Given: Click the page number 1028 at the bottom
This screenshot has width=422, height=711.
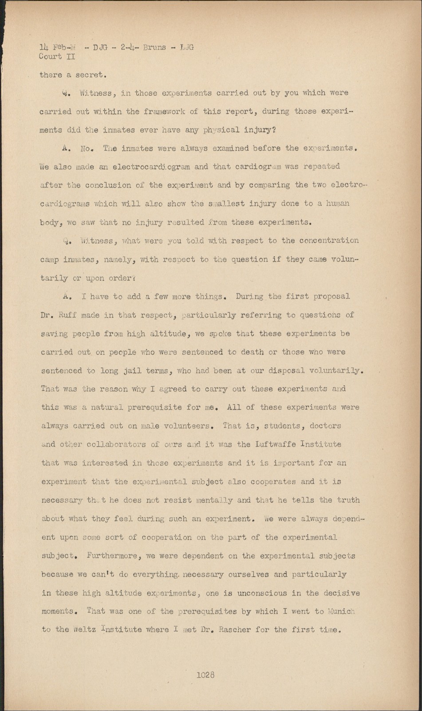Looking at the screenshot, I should (x=205, y=675).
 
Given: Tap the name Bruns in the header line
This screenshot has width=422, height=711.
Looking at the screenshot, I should (x=154, y=47).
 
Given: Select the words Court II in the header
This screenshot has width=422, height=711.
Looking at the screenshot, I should (x=57, y=56).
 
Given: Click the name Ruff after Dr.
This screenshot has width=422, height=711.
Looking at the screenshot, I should (x=67, y=315).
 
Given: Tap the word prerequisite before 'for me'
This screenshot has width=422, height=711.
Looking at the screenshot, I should (x=158, y=407).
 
